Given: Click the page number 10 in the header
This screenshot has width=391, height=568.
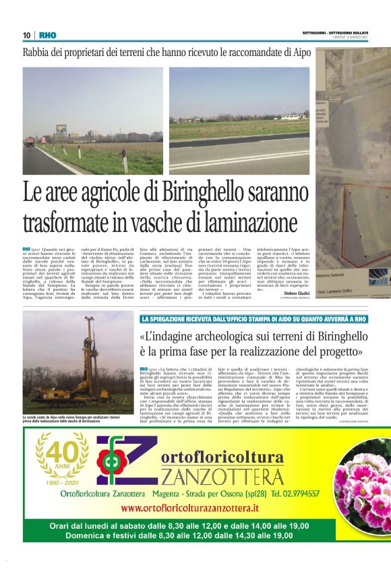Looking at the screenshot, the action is (26, 35).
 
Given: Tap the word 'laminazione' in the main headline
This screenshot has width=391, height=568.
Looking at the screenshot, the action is (238, 222).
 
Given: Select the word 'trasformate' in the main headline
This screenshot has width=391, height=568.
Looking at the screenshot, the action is (70, 222).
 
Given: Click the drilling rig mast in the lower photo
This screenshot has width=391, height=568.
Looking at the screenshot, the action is (86, 351).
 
